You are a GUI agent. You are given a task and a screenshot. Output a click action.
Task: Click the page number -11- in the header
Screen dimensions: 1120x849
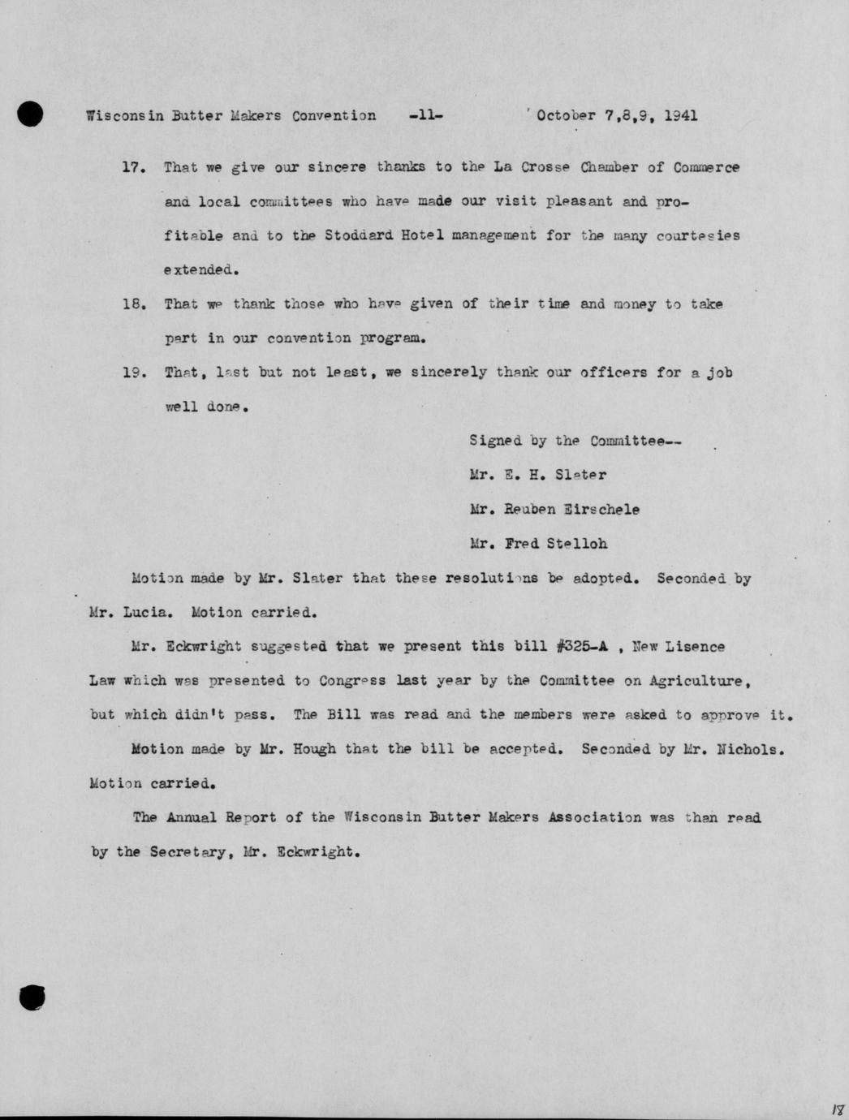point(427,115)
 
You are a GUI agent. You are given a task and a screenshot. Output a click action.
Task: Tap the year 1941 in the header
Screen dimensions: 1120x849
point(680,115)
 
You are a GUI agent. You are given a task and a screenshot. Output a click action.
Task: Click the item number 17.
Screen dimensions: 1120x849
point(132,168)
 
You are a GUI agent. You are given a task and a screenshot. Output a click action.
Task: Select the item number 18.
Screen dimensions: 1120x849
point(132,304)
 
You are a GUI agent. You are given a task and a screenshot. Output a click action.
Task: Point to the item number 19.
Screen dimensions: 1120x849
point(132,373)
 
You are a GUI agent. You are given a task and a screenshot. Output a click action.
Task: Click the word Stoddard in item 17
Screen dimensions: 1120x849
point(359,235)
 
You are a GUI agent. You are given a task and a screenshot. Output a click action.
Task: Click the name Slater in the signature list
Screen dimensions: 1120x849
point(580,475)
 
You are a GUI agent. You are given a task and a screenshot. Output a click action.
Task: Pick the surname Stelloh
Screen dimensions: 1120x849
point(576,544)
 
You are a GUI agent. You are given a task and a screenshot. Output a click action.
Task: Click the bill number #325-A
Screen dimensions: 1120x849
point(583,647)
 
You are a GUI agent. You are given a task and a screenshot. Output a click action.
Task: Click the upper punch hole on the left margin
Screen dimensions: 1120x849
point(30,114)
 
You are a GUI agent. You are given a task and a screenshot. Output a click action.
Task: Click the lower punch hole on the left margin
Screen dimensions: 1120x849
point(32,997)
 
